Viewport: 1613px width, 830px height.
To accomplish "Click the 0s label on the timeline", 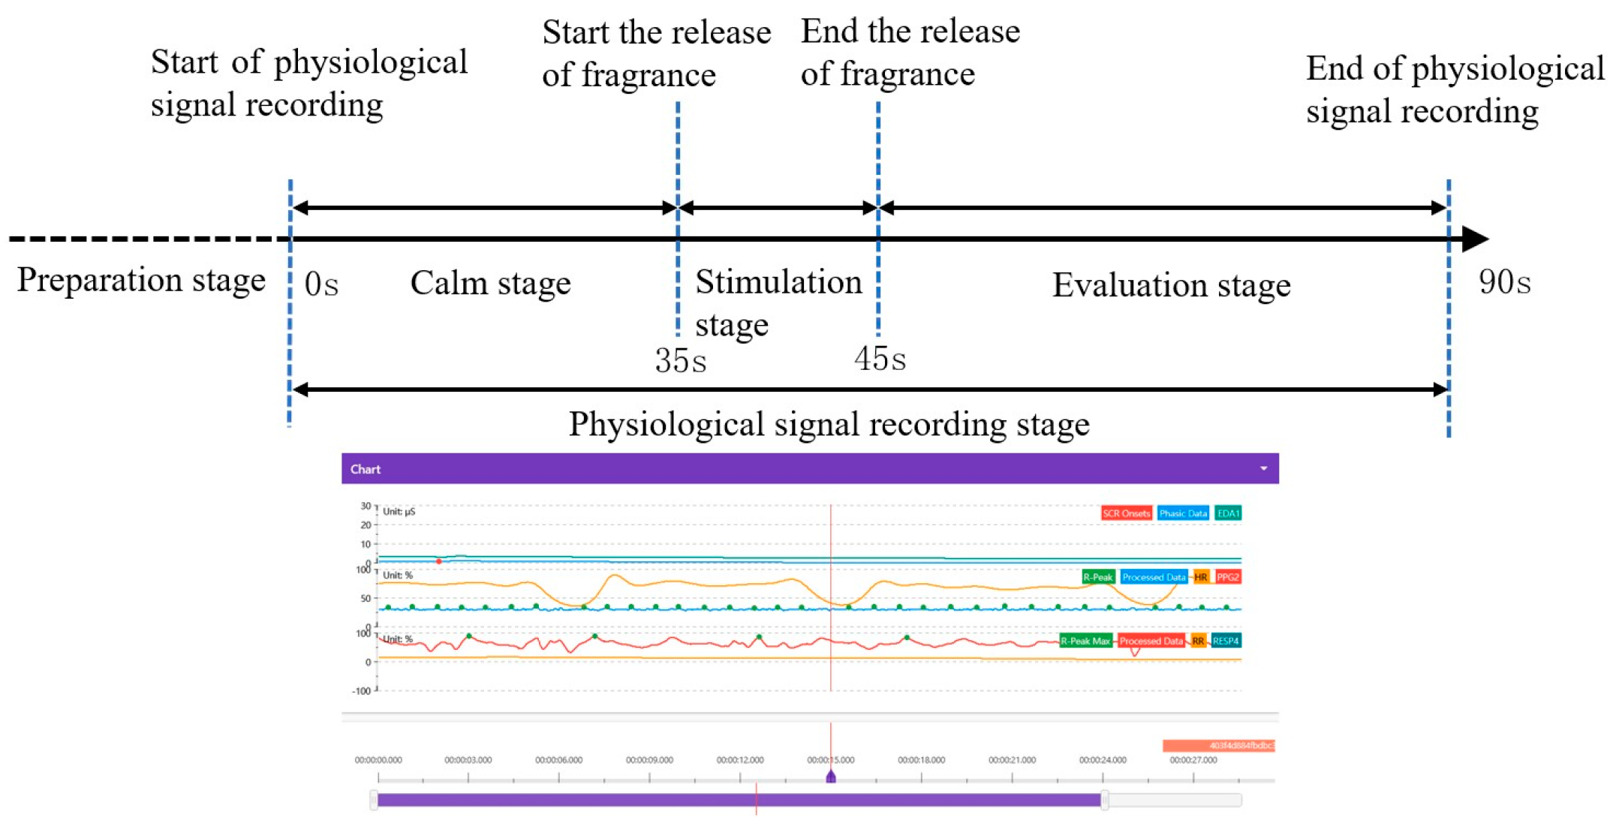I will pos(321,284).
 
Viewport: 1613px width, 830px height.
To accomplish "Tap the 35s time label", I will pos(680,361).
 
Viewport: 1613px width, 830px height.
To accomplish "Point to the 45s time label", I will pos(880,359).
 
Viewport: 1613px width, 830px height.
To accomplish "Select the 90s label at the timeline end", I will pos(1504,283).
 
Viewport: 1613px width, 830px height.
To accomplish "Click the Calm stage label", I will pos(490,284).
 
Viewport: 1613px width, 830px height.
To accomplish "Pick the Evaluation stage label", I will pos(1171,285).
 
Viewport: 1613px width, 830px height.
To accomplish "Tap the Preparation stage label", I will pos(141,280).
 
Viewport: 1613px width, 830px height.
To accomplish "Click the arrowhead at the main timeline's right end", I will pos(1474,239).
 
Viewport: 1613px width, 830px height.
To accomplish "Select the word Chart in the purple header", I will pos(366,470).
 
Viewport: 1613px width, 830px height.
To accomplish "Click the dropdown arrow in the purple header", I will pos(1263,469).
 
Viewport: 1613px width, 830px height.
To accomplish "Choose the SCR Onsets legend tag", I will pos(1126,513).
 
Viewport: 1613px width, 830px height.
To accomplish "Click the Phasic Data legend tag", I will pos(1182,513).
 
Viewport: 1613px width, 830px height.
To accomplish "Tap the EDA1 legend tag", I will pos(1228,513).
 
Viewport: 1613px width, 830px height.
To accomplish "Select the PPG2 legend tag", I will pos(1228,577).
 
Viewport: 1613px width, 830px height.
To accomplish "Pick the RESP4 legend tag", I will pos(1225,641).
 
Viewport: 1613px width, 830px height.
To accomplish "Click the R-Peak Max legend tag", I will pos(1085,641).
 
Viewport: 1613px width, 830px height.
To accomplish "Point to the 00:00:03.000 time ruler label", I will pos(468,760).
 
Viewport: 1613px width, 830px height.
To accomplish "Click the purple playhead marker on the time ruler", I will pos(831,777).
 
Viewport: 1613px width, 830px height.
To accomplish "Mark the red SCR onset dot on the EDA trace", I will pos(439,561).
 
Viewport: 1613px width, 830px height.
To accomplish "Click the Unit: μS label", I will pos(399,512).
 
